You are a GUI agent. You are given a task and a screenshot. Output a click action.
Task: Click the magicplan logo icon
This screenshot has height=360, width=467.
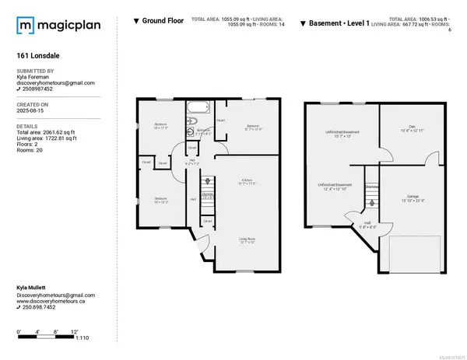26,26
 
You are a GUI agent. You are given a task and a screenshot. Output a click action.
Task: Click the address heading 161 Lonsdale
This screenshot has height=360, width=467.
37,56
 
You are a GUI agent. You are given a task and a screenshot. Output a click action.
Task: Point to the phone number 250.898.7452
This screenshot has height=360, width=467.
42,306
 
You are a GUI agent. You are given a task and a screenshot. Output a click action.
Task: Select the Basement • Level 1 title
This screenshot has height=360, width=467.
342,21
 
